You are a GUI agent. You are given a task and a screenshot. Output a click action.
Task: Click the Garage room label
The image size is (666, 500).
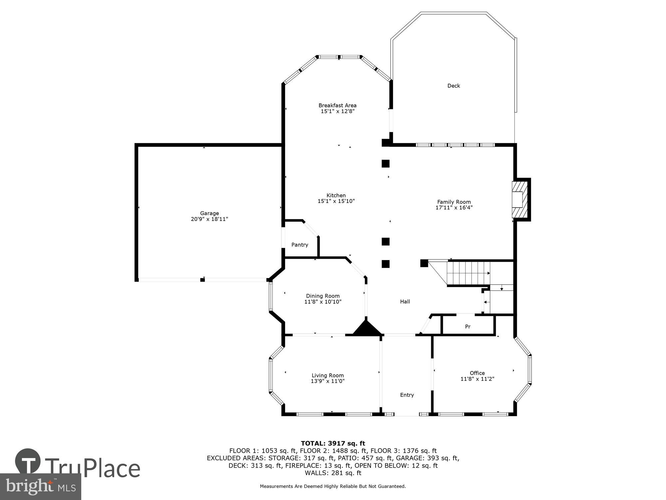(209, 213)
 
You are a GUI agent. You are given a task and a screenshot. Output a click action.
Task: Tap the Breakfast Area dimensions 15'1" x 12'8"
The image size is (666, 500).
(337, 111)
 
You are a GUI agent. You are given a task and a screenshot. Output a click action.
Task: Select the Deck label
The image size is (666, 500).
(454, 86)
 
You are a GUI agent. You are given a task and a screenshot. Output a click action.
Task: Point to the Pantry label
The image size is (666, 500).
(300, 245)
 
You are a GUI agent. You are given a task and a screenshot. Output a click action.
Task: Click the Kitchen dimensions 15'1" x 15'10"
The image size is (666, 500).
(336, 201)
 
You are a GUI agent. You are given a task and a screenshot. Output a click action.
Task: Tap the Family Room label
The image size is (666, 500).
(454, 202)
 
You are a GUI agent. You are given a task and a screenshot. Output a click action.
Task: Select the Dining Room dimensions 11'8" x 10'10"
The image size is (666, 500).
(323, 302)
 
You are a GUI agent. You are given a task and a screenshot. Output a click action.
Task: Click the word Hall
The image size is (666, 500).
(405, 302)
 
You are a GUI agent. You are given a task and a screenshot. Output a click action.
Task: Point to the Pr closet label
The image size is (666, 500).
(468, 327)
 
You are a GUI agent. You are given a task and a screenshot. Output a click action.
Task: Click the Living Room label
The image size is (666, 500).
(328, 375)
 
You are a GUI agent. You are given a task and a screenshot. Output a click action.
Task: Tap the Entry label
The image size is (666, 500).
(407, 395)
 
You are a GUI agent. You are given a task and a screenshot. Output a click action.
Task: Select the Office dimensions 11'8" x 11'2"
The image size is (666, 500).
(477, 379)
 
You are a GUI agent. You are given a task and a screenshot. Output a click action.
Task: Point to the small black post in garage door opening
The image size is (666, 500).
(202, 280)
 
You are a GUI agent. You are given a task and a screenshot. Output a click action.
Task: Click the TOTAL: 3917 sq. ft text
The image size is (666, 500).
(333, 443)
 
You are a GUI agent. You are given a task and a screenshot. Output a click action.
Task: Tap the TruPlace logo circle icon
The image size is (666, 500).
(28, 462)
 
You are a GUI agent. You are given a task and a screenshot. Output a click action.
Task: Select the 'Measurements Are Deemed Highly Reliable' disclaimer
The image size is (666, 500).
(333, 486)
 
